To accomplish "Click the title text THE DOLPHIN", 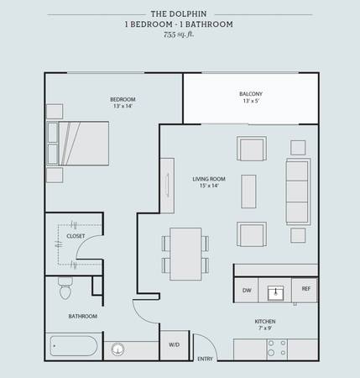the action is pos(179,13).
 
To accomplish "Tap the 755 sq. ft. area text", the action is pos(179,34).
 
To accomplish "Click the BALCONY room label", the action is pos(251,94).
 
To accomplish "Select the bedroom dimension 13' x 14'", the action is pos(123,106).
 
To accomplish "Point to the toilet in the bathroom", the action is pos(65,288).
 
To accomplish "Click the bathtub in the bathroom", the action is pos(74,346).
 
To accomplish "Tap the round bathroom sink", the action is pos(117,349).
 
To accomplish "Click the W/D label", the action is pos(174,345).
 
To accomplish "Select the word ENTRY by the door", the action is pos(205,359).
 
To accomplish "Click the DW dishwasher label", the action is pos(247,291).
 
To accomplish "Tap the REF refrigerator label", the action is pos(306,289).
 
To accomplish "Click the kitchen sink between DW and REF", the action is pos(275,293).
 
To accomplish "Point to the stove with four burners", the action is pos(277,349).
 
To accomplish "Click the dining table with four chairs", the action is pos(185,254).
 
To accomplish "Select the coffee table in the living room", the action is pos(248,192).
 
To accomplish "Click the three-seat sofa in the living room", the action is pos(298,192).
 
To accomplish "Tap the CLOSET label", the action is pos(76,236).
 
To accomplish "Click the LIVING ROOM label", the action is pos(209,179).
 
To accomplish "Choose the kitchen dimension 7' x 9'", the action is pos(265,328).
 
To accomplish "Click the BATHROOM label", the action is pos(83,317).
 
